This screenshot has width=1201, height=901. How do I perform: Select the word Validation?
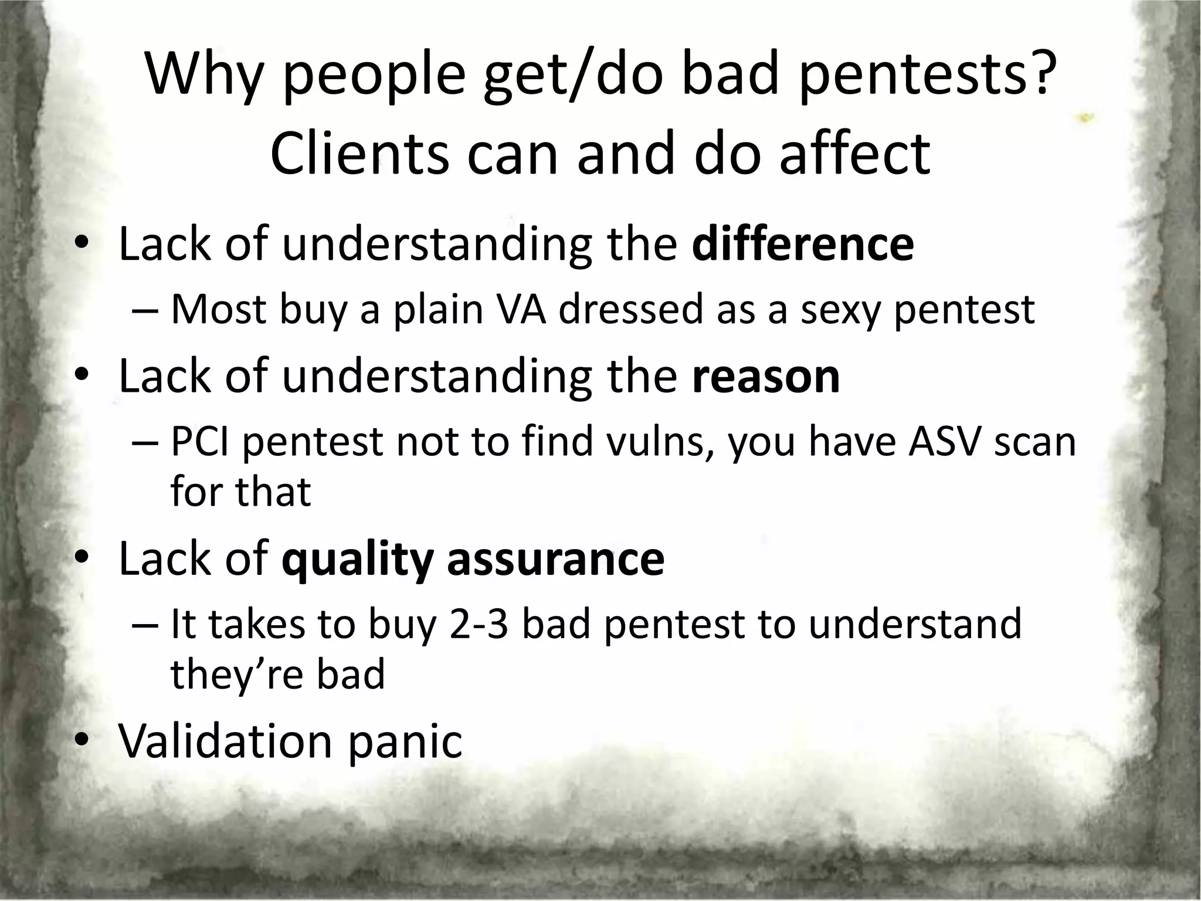226,741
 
